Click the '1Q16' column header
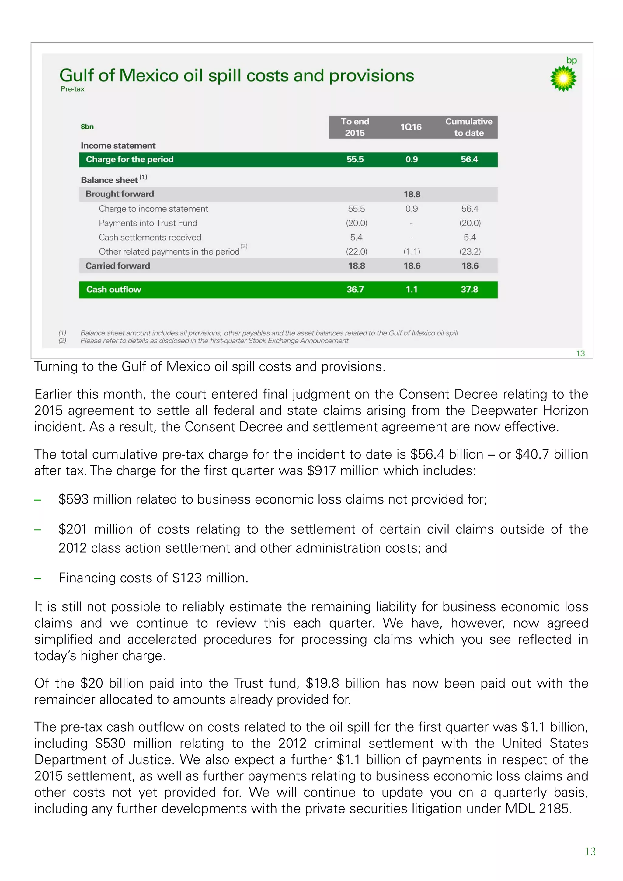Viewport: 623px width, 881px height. pos(411,127)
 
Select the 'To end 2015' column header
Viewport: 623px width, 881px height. pos(355,127)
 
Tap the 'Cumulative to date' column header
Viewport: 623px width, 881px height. pos(469,127)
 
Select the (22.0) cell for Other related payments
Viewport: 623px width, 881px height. pos(356,252)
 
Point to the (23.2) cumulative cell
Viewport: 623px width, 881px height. pos(470,252)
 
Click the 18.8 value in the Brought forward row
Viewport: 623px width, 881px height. pos(412,195)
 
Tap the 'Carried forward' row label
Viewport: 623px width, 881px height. pos(117,266)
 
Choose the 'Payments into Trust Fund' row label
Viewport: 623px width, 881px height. pos(148,223)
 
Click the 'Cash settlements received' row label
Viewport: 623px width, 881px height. pos(150,237)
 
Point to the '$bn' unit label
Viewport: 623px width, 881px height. pos(87,127)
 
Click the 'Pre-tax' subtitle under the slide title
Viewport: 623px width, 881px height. pos(72,89)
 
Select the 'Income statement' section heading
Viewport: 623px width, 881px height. pos(118,146)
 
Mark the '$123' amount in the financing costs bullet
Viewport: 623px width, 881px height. pos(187,578)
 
